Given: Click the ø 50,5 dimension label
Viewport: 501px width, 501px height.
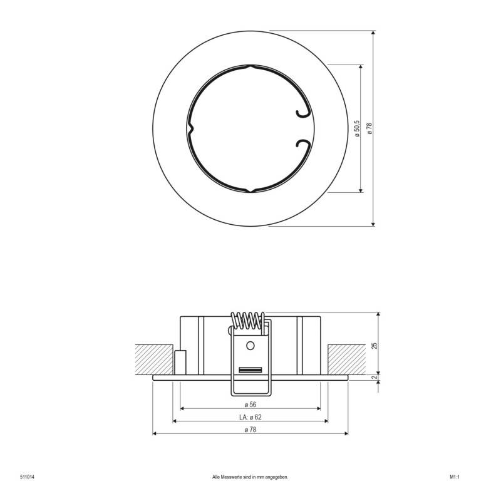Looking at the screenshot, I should coord(356,128).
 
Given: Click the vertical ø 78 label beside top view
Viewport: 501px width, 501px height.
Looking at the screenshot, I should coord(369,128).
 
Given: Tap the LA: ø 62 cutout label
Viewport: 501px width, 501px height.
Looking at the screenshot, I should coord(250,416).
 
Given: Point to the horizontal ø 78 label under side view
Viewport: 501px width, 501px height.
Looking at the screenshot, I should coord(250,429).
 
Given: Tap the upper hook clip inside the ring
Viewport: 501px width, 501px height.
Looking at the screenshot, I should coord(301,111).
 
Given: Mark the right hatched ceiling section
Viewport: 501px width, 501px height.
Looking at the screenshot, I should coord(346,359).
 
